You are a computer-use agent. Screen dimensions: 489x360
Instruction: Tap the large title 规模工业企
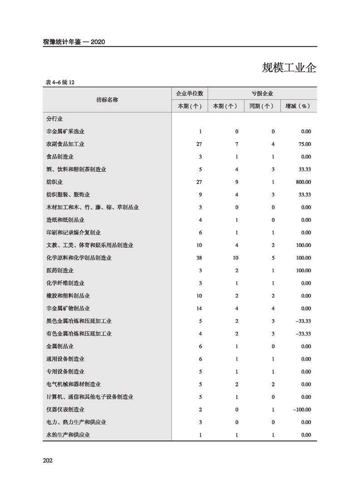click(x=289, y=68)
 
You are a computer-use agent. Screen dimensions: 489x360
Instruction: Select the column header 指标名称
click(x=107, y=100)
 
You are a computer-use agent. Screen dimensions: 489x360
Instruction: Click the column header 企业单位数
click(x=190, y=94)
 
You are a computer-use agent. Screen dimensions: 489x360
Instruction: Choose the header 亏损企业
click(x=262, y=94)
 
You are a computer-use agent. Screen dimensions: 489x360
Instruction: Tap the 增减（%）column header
click(x=298, y=106)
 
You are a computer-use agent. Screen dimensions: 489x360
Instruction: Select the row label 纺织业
click(x=54, y=182)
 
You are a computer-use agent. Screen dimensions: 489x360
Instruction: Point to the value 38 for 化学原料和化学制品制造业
click(x=199, y=258)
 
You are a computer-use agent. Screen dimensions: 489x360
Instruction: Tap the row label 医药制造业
click(x=60, y=271)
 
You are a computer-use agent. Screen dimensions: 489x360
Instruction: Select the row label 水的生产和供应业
click(x=68, y=435)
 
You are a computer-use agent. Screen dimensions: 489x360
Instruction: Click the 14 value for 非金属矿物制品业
click(x=199, y=309)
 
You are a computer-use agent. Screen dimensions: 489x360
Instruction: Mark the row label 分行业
click(x=54, y=119)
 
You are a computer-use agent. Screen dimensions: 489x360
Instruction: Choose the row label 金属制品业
click(x=60, y=346)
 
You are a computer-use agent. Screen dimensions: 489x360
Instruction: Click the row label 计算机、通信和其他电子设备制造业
click(x=90, y=397)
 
